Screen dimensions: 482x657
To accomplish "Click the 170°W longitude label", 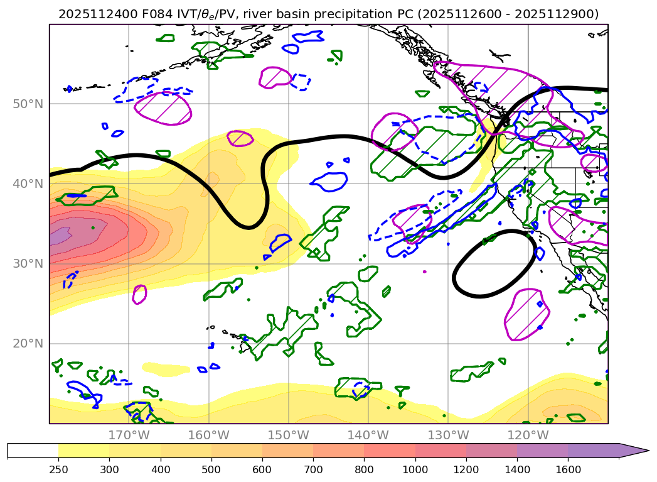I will tap(128, 435).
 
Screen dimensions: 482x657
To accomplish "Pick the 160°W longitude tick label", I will tap(208, 435).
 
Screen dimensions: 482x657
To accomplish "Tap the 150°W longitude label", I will tap(288, 435).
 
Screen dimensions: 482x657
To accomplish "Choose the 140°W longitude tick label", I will tap(368, 435).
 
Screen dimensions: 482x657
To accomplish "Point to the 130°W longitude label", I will tap(448, 435).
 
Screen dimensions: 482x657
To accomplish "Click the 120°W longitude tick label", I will tap(528, 435).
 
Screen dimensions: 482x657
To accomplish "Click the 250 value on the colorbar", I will tap(58, 469).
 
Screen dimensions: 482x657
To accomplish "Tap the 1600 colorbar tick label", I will tap(569, 469).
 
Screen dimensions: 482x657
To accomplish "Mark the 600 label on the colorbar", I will tap(262, 469).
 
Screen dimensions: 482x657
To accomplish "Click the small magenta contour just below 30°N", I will tap(139, 294).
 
